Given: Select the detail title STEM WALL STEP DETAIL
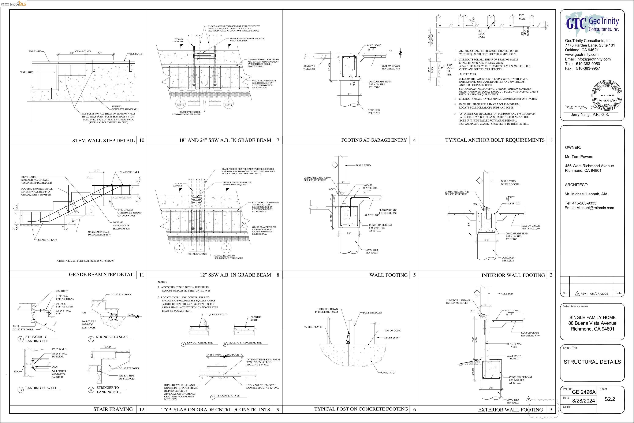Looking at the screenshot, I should tap(103, 141).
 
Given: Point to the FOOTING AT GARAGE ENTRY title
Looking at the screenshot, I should tap(374, 140).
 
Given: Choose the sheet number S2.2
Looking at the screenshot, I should tap(609, 399).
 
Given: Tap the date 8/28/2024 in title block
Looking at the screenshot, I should tap(583, 401).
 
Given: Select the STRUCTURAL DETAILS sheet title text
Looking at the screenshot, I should tap(592, 362).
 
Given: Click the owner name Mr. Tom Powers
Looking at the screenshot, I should tap(579, 157).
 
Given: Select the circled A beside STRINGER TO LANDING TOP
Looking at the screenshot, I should tap(20, 339).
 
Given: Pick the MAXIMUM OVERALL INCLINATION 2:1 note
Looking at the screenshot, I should tap(99, 233).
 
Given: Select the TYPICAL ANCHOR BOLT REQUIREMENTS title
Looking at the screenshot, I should tap(495, 140).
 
